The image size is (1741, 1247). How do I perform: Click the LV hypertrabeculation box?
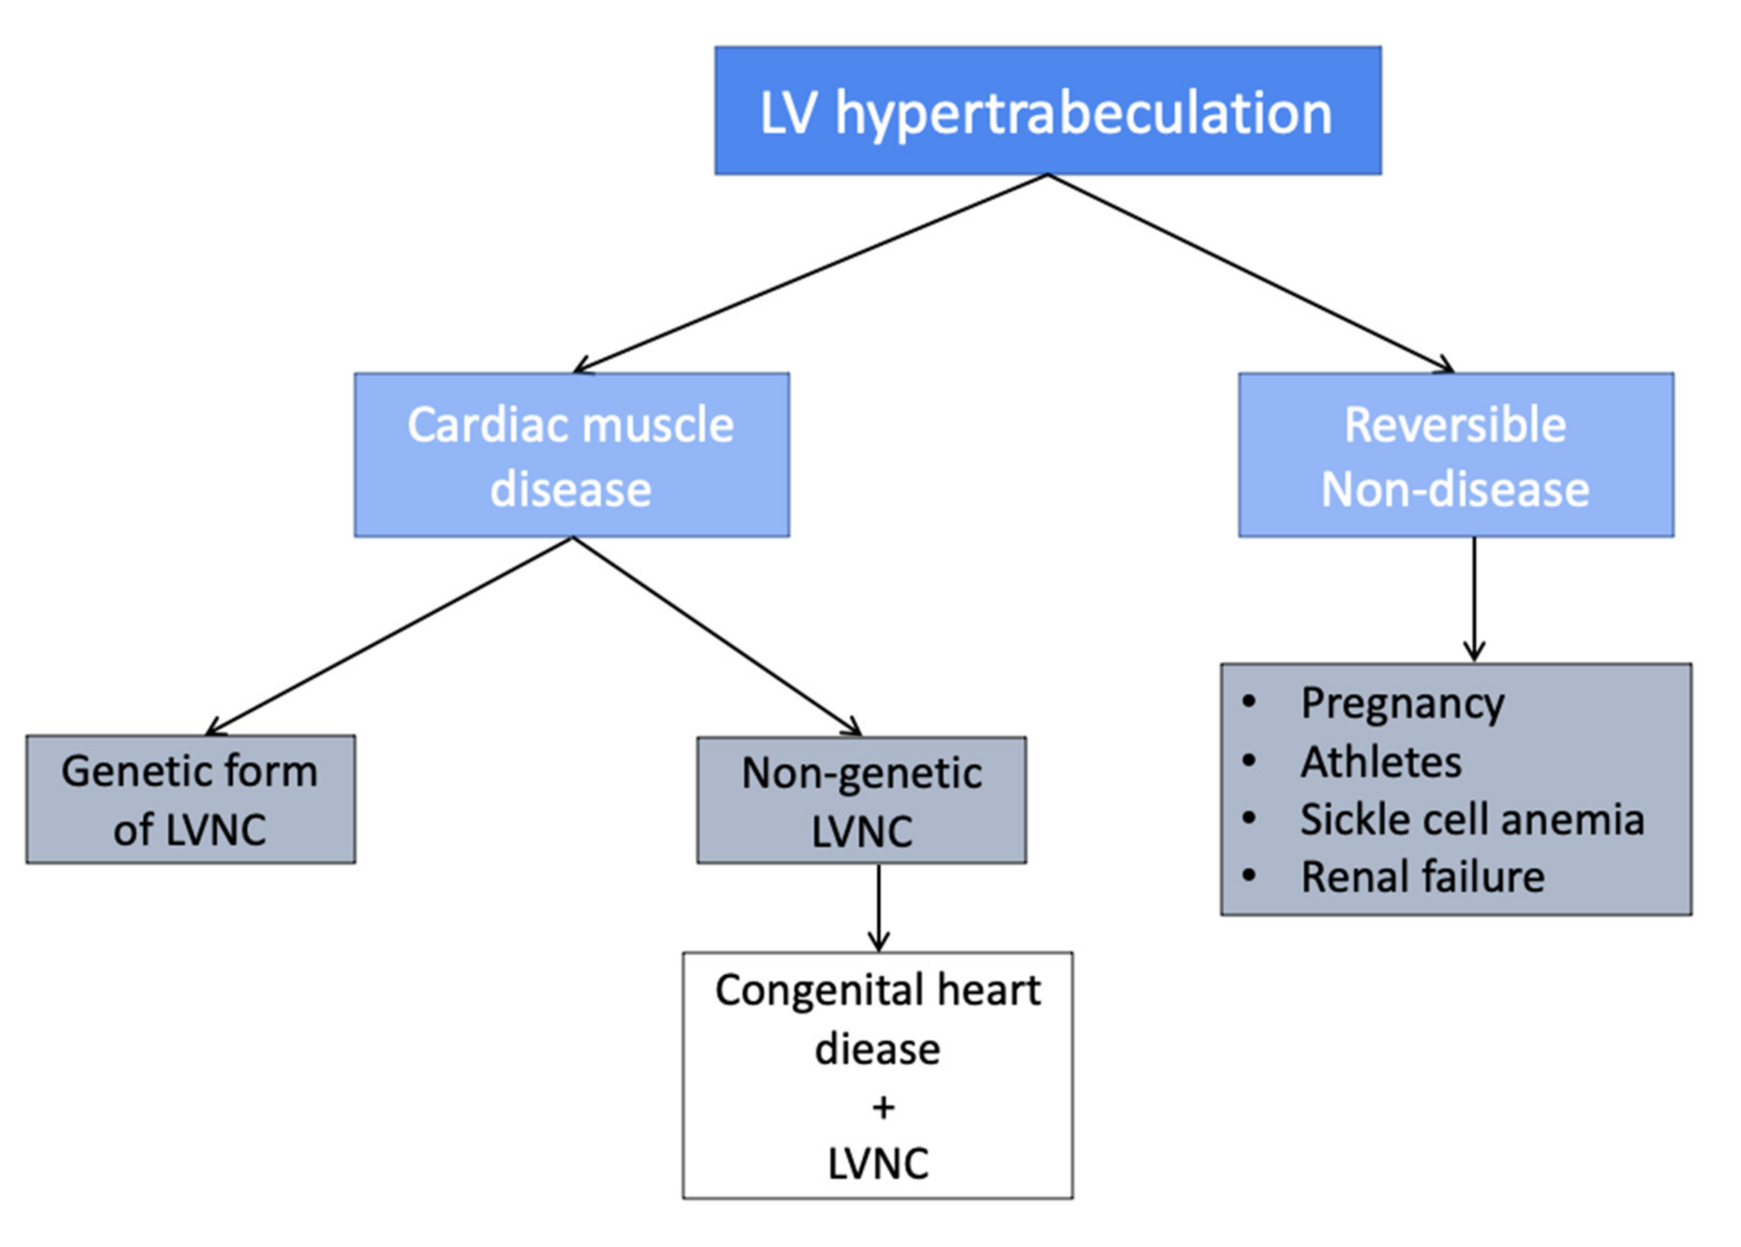[x=1047, y=111]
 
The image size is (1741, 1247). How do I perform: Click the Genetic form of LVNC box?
[x=190, y=800]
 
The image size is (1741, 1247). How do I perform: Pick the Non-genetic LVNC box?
[x=862, y=800]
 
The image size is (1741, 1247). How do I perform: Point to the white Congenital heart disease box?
[x=877, y=1074]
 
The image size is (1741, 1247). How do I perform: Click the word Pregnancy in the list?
[x=1401, y=703]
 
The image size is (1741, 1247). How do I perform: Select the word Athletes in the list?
[x=1380, y=762]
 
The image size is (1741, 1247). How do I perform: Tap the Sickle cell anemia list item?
[x=1472, y=819]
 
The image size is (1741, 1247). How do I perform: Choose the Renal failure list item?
[x=1422, y=877]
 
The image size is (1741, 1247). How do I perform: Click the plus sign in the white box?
[x=883, y=1107]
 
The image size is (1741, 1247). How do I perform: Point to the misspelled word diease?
[x=877, y=1049]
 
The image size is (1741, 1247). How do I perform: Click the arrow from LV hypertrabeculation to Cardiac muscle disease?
[x=810, y=274]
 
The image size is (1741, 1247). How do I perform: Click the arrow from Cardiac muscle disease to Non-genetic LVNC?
[x=717, y=635]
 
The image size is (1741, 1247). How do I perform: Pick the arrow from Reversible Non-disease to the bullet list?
[x=1474, y=599]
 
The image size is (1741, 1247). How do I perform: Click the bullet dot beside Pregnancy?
[x=1249, y=702]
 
